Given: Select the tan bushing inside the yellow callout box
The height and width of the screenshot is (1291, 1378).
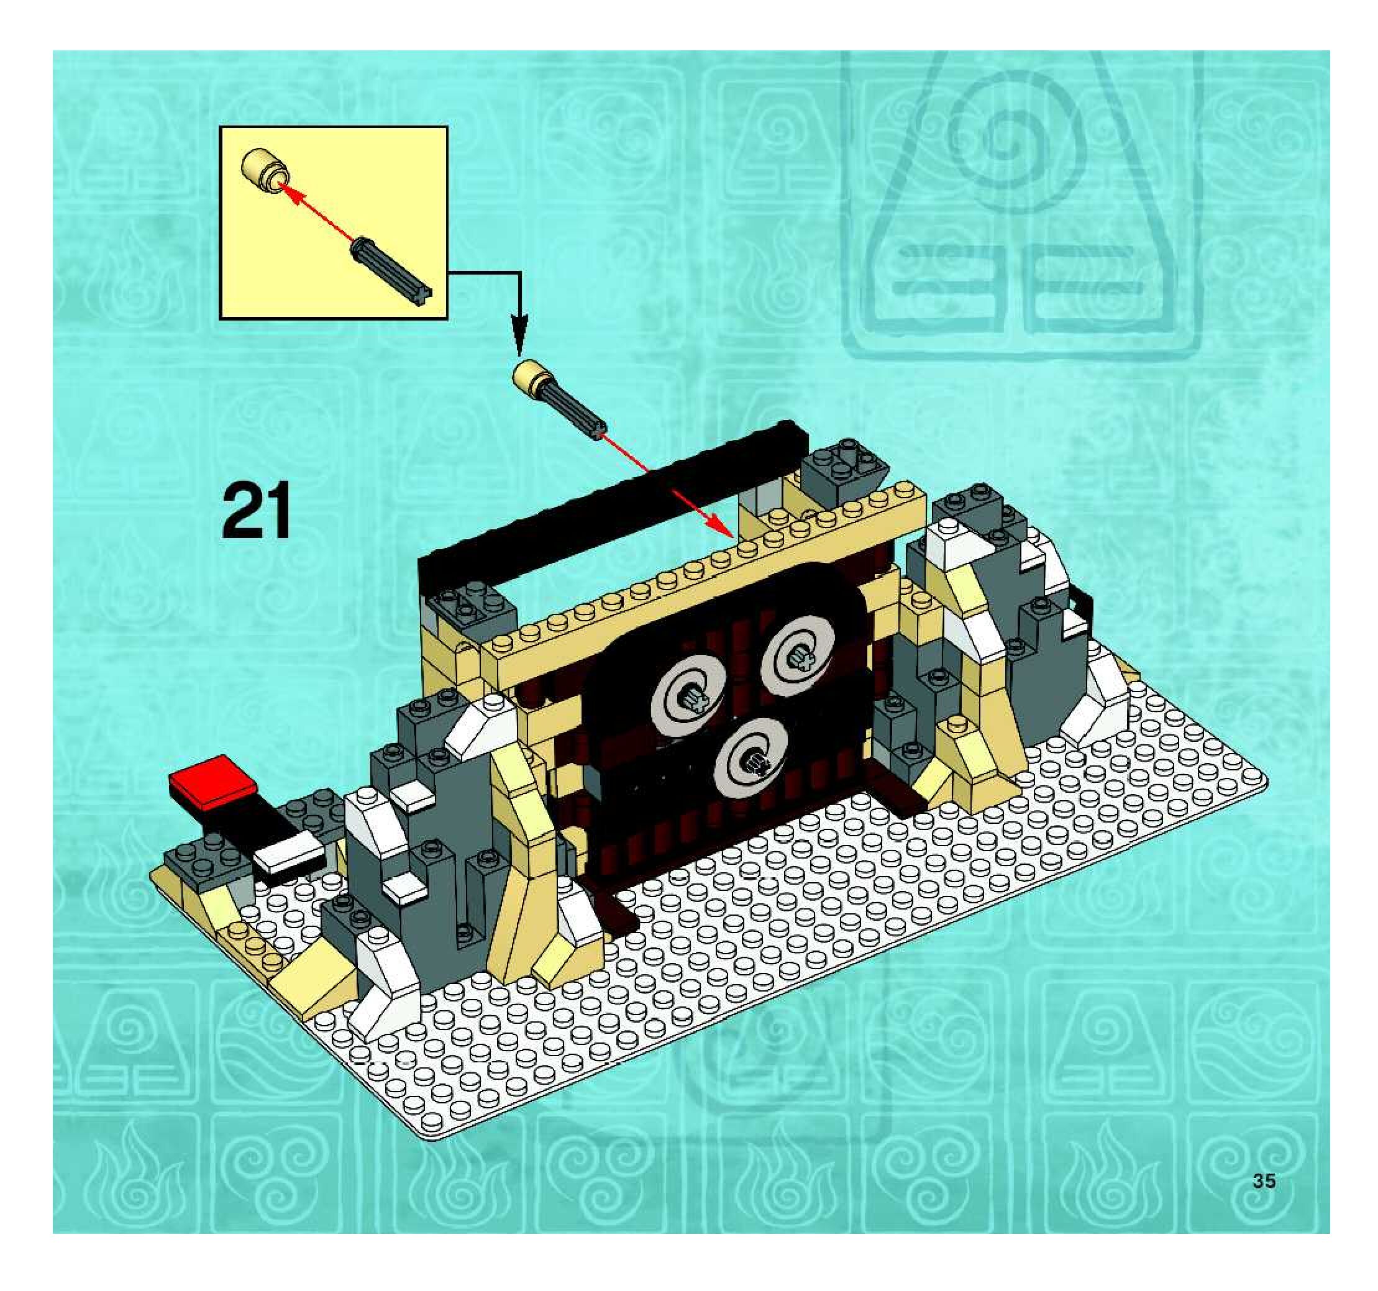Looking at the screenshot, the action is coord(264,169).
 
